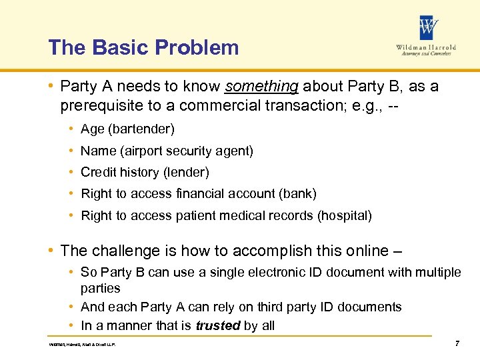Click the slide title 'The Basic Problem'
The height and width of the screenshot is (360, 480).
tap(143, 47)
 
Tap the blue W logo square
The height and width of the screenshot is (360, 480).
tap(428, 28)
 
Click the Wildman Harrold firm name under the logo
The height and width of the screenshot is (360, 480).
tap(427, 48)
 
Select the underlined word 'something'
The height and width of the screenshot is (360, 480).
tap(261, 87)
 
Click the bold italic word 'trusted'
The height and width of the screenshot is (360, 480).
tap(217, 325)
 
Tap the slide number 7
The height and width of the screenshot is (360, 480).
tap(457, 343)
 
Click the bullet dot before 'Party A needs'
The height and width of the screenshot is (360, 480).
tap(51, 87)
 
